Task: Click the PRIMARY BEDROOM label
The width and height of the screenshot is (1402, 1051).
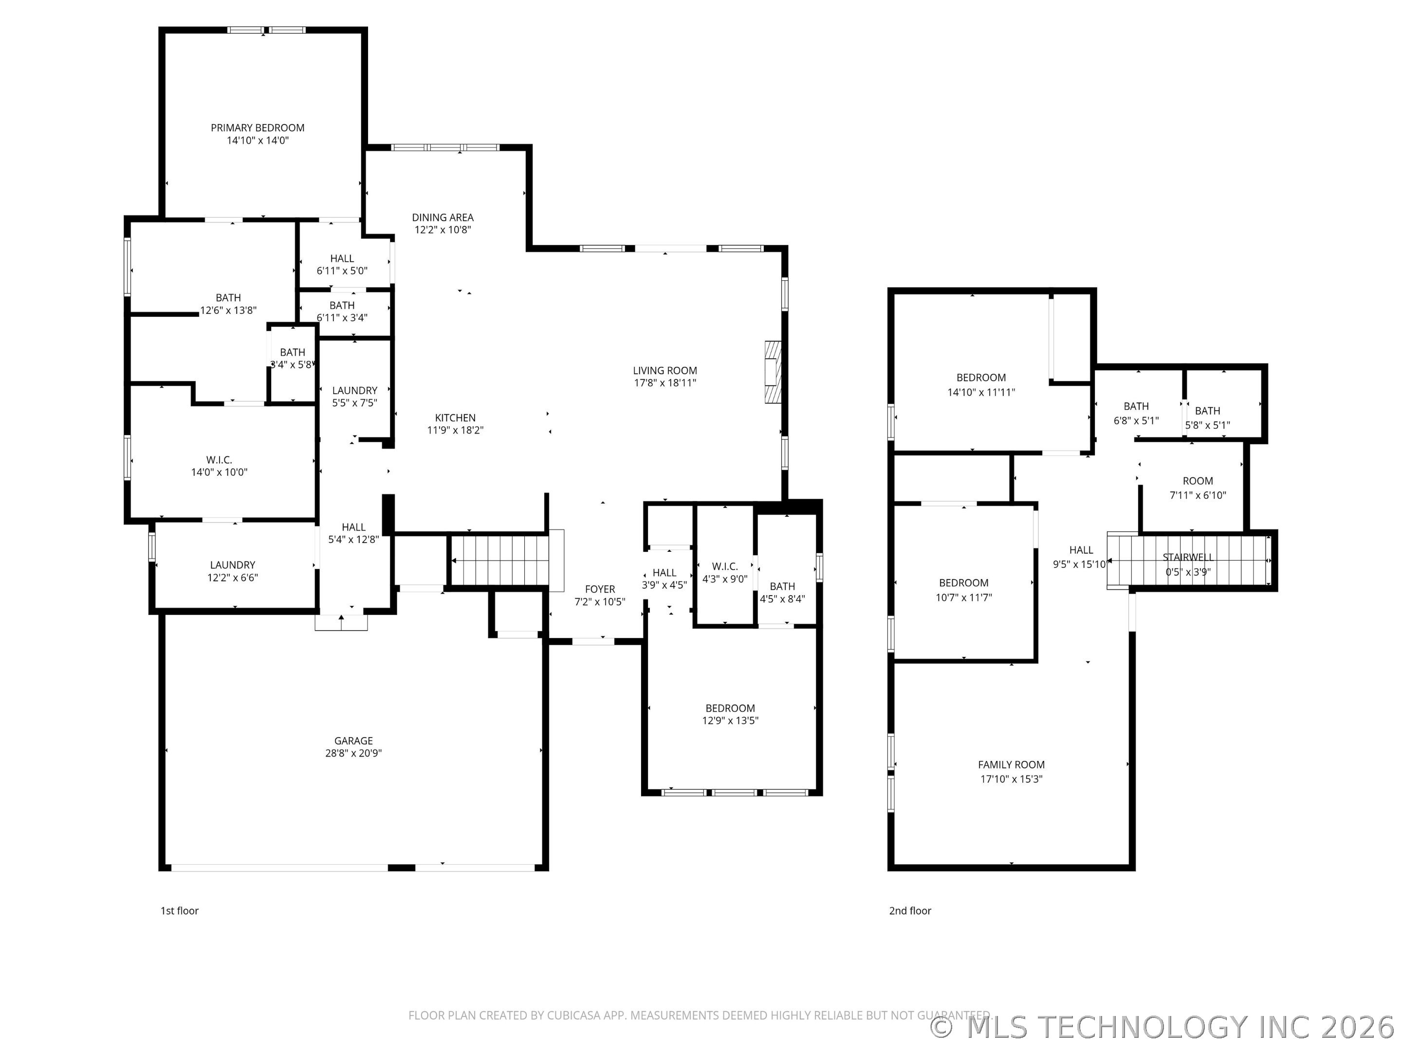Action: [x=258, y=128]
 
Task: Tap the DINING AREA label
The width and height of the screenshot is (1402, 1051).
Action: [x=443, y=217]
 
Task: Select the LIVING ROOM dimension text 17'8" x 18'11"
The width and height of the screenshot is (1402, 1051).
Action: [x=665, y=382]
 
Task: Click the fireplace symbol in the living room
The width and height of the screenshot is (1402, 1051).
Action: [x=773, y=373]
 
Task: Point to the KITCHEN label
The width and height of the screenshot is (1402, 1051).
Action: [x=455, y=418]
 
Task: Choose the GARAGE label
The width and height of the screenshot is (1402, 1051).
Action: [x=354, y=741]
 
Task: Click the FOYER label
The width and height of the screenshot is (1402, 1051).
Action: [x=600, y=589]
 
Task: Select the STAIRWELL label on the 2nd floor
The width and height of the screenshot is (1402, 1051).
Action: [x=1188, y=558]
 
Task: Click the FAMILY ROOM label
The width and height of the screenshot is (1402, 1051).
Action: [x=1012, y=765]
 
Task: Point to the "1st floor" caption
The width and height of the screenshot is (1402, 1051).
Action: [x=179, y=911]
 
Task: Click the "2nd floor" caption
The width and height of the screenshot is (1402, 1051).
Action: [x=910, y=911]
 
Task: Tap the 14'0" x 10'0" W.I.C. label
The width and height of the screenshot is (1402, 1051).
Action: [x=219, y=466]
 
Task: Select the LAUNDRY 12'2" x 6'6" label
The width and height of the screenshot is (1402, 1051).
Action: [x=233, y=571]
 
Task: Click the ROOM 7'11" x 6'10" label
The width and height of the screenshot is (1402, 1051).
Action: [x=1198, y=489]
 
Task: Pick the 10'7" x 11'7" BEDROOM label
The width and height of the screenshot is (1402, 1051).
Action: [x=964, y=590]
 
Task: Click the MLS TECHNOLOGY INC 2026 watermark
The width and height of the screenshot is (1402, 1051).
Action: [x=1165, y=1027]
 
